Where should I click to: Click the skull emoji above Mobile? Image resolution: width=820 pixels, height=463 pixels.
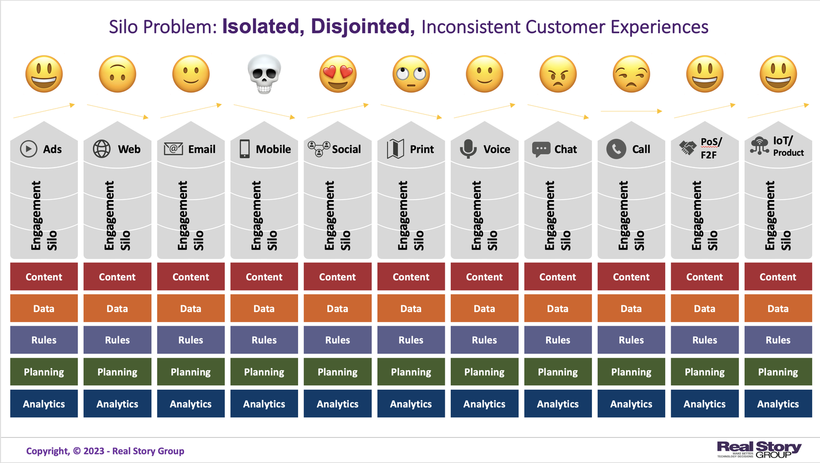click(x=265, y=74)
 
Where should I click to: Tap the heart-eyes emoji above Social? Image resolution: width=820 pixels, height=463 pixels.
click(x=338, y=74)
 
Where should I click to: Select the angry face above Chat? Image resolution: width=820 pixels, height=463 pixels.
click(x=558, y=74)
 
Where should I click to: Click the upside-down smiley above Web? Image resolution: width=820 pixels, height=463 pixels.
click(x=117, y=74)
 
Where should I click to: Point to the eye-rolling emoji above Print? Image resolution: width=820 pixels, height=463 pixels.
click(x=411, y=74)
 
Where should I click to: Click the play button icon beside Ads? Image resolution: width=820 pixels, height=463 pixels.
click(x=29, y=149)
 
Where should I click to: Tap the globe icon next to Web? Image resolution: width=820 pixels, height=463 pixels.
click(x=101, y=149)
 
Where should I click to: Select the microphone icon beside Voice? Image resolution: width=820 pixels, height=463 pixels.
click(x=468, y=149)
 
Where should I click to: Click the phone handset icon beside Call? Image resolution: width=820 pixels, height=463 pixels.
click(x=616, y=149)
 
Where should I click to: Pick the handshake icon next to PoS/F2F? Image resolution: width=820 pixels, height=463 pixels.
click(x=687, y=148)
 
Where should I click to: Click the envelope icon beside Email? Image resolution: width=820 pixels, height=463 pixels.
click(x=173, y=149)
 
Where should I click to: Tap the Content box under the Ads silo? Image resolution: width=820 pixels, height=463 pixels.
click(x=44, y=277)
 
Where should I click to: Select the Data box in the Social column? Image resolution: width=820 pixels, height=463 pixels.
click(x=337, y=309)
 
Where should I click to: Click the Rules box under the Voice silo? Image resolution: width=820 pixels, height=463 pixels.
click(x=484, y=340)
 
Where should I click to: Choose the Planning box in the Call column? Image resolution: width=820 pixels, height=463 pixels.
click(x=631, y=372)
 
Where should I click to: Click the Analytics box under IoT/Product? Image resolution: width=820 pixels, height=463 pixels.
click(x=778, y=404)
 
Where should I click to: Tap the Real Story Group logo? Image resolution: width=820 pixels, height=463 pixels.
click(x=759, y=449)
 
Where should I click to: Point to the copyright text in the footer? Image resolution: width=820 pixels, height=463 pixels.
click(x=105, y=451)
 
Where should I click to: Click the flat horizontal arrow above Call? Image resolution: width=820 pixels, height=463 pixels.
click(x=631, y=111)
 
